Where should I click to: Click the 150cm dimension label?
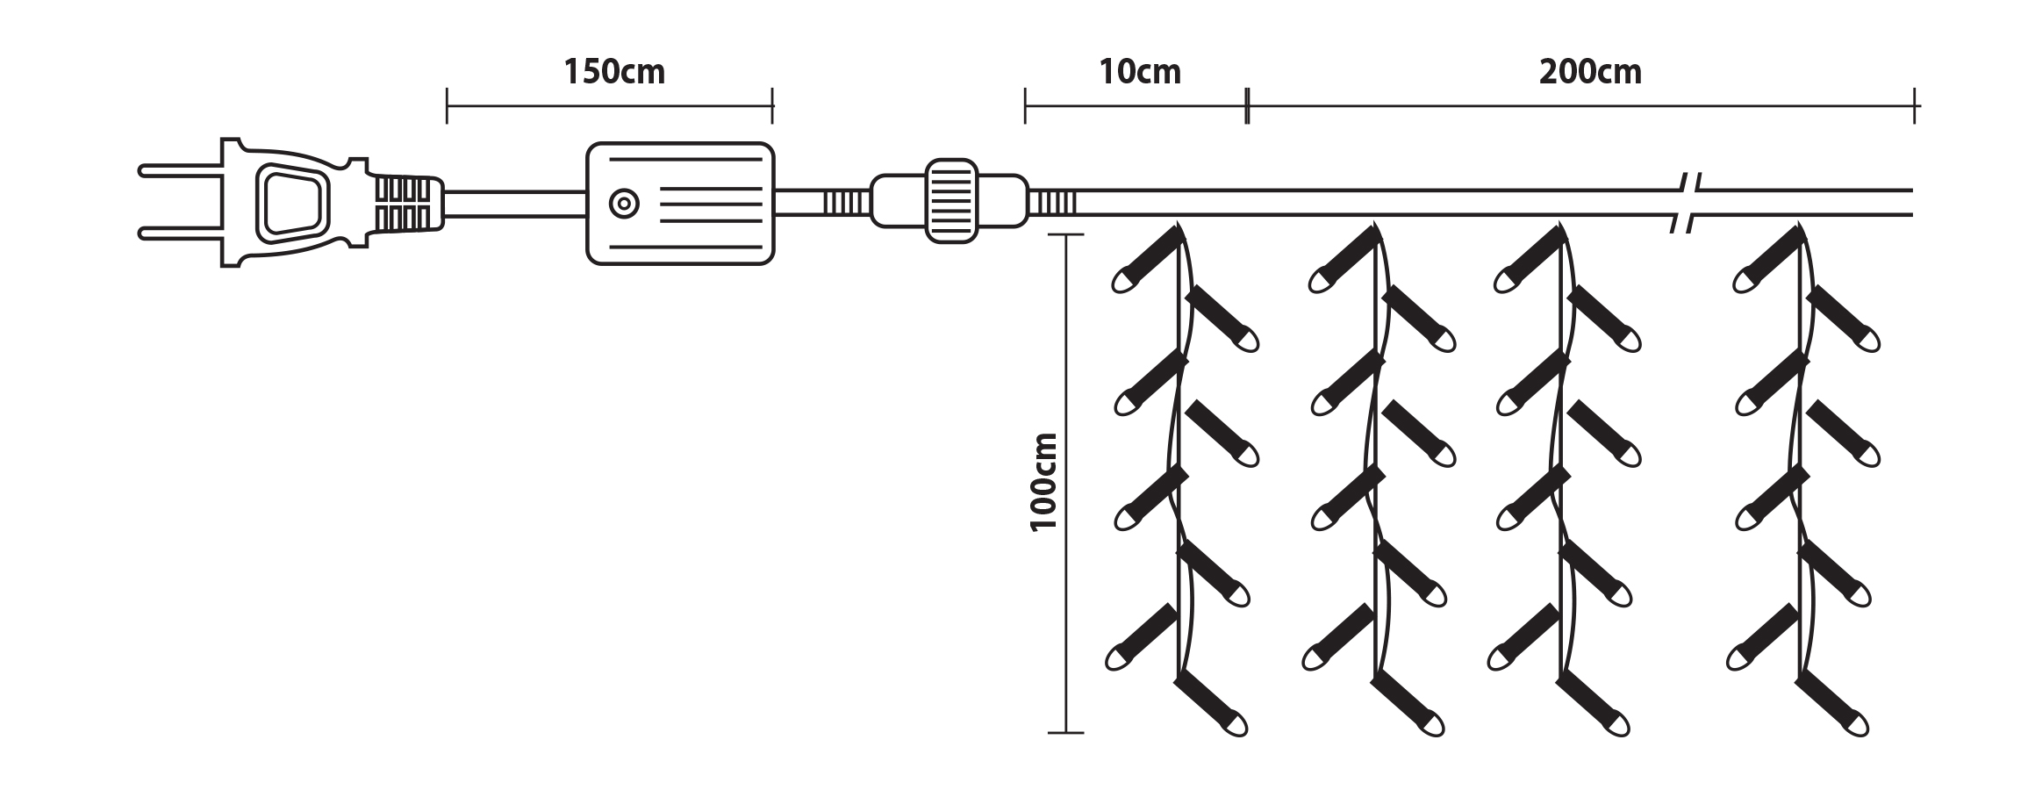tap(613, 73)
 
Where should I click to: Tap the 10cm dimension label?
tap(1139, 73)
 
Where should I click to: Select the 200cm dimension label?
tap(1589, 73)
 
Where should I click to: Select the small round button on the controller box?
tap(624, 204)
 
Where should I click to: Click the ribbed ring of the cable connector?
tap(951, 201)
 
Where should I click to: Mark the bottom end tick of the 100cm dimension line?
tap(1065, 732)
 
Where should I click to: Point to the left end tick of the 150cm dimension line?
tap(448, 106)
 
